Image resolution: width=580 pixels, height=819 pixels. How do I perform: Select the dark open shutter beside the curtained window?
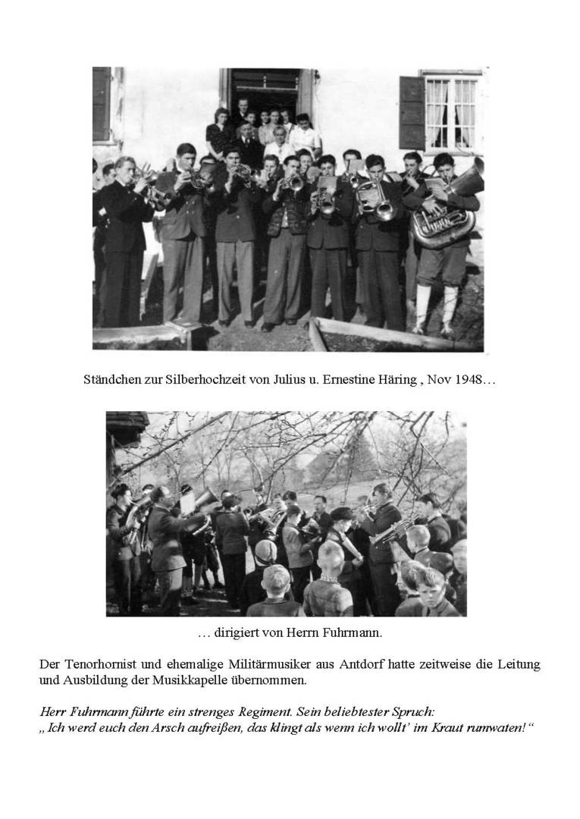412,112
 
